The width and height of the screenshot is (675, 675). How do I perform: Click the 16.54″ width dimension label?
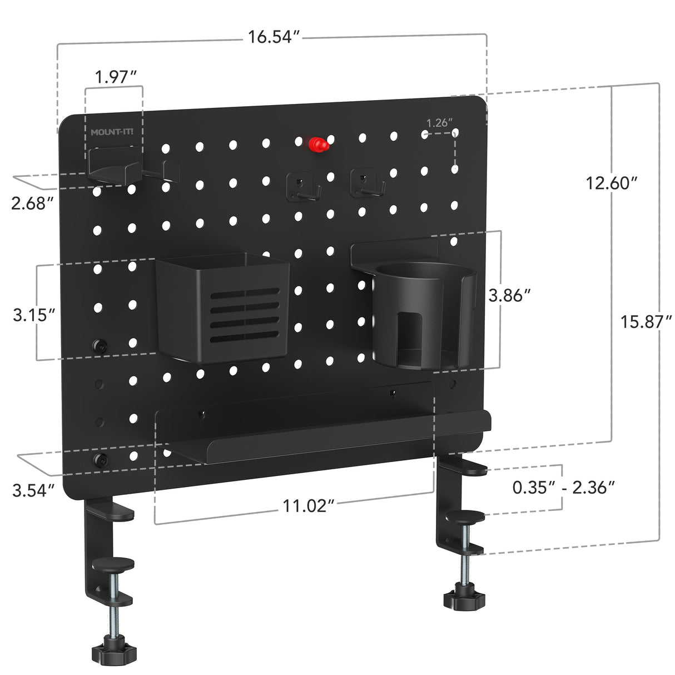coord(274,37)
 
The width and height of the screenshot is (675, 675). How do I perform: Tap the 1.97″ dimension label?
coord(116,76)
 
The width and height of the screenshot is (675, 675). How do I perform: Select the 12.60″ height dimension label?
coord(611,182)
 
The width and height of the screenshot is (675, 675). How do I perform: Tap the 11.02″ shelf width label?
coord(309,506)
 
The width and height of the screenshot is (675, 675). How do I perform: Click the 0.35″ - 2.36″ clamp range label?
coord(563,487)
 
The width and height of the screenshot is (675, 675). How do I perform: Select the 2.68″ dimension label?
coord(32,204)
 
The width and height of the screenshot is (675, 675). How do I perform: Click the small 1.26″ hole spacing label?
coord(439,123)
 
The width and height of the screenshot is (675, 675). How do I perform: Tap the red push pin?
coord(318,145)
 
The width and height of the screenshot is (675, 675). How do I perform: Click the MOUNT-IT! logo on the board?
coord(116,132)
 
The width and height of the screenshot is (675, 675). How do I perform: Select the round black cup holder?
coord(424,314)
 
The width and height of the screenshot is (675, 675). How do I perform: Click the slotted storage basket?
coord(222,309)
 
